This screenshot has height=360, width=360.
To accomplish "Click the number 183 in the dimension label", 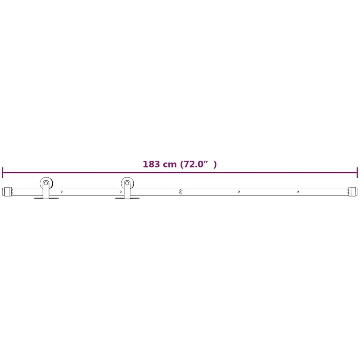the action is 151,164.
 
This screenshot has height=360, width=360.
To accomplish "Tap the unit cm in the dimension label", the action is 170,165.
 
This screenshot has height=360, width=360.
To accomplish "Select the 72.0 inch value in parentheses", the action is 193,164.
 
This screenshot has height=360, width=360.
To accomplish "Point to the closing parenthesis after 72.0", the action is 215,164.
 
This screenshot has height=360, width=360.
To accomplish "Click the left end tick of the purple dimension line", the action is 3,172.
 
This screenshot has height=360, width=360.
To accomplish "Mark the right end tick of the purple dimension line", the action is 357,172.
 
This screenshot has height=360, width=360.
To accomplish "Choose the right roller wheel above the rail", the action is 127,183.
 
